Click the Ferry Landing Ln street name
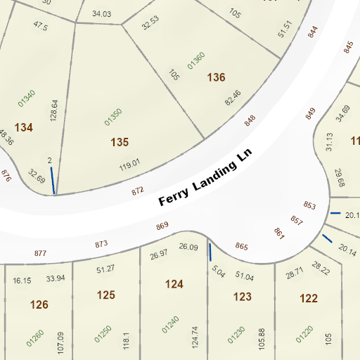(x=205, y=178)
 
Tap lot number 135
(x=120, y=143)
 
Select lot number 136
(x=217, y=77)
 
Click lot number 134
(x=24, y=127)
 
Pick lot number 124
(x=174, y=284)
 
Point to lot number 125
(x=105, y=295)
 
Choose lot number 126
(x=39, y=304)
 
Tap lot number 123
(x=242, y=297)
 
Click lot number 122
(x=308, y=298)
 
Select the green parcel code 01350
(x=113, y=117)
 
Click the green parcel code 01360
(x=196, y=61)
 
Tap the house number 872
(x=138, y=190)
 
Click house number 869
(x=162, y=226)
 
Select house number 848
(x=250, y=120)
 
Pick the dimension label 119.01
(x=130, y=166)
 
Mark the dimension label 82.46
(x=233, y=98)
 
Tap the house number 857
(x=296, y=220)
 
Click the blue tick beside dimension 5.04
(x=210, y=252)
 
